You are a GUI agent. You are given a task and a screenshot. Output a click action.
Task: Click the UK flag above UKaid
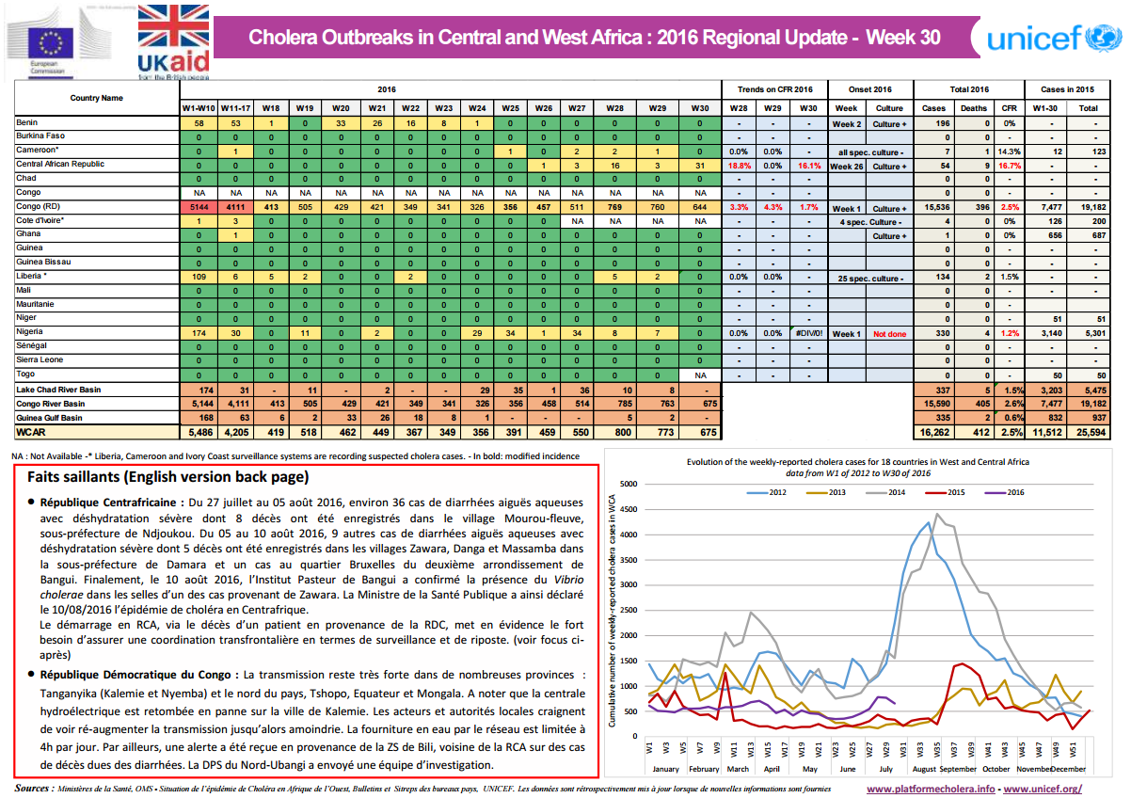[x=174, y=25]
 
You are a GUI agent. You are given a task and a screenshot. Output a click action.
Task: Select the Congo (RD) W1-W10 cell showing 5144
[x=199, y=206]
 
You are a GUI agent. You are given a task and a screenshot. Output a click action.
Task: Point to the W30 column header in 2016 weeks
[x=699, y=108]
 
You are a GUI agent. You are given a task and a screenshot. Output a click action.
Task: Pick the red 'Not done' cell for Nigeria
[x=888, y=333]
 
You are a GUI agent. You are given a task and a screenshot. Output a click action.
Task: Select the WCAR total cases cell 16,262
[x=935, y=432]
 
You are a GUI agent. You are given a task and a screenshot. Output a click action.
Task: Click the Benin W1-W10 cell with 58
[x=199, y=123]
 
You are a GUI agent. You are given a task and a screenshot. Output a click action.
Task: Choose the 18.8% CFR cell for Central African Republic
[x=739, y=165]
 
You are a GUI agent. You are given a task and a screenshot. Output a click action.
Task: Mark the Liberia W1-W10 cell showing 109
[x=199, y=278]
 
